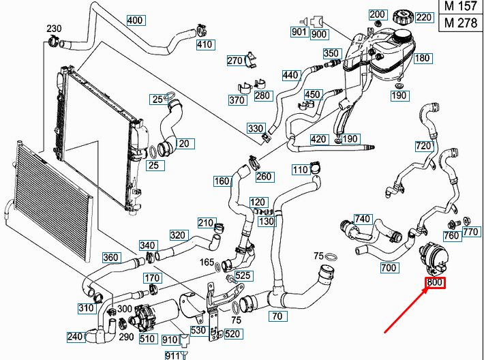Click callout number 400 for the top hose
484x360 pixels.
pyautogui.click(x=135, y=20)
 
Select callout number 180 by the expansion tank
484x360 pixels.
pyautogui.click(x=422, y=59)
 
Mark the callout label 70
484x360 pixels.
pyautogui.click(x=277, y=316)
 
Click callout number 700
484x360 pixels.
pyautogui.click(x=389, y=268)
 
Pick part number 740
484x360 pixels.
pyautogui.click(x=363, y=219)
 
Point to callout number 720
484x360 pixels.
pyautogui.click(x=423, y=147)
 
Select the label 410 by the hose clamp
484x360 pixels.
pyautogui.click(x=205, y=46)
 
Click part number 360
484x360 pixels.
pyautogui.click(x=110, y=258)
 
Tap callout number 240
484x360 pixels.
pyautogui.click(x=75, y=337)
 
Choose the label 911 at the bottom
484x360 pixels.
pyautogui.click(x=171, y=355)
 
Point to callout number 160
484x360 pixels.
pyautogui.click(x=222, y=181)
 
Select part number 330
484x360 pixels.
pyautogui.click(x=256, y=129)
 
